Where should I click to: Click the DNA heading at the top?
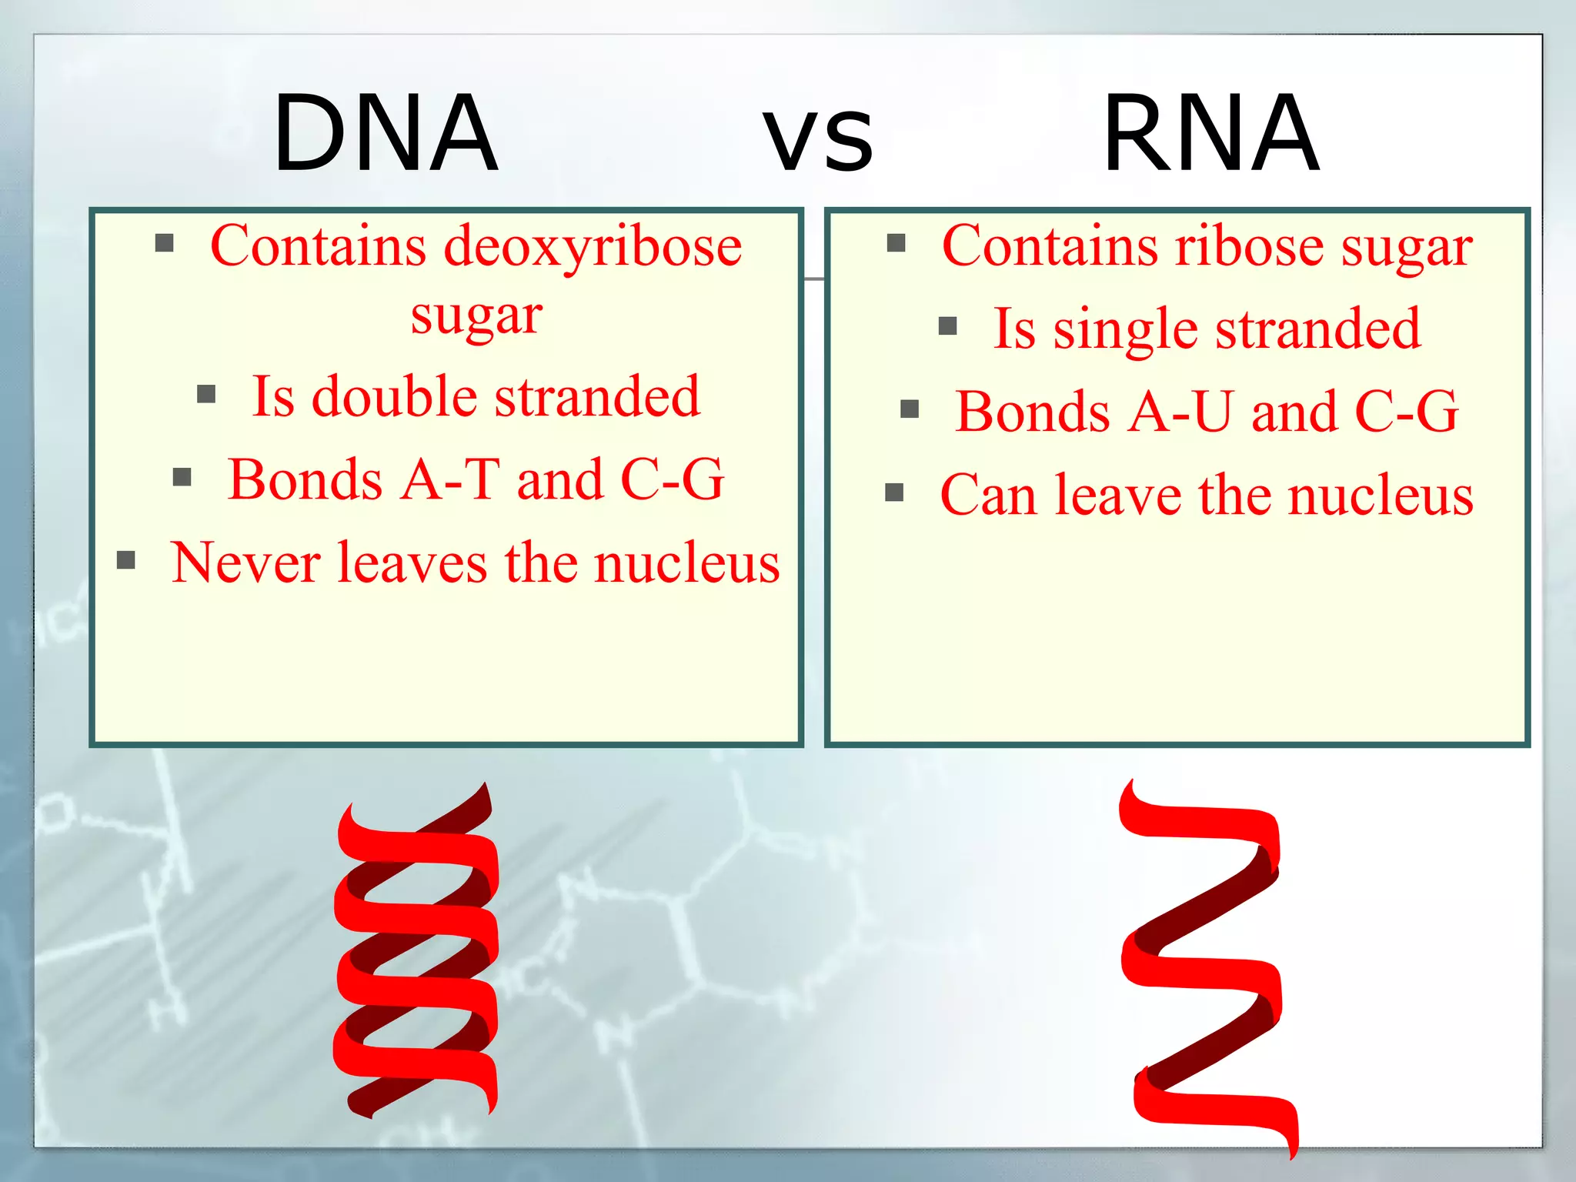pos(386,134)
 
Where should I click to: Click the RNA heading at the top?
pos(1211,134)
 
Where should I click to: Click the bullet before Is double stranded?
pos(205,395)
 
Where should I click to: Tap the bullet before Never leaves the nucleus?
pos(125,560)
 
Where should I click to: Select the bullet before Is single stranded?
pos(947,326)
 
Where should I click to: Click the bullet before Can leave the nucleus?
pos(894,492)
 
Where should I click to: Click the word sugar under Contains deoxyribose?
pos(476,316)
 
